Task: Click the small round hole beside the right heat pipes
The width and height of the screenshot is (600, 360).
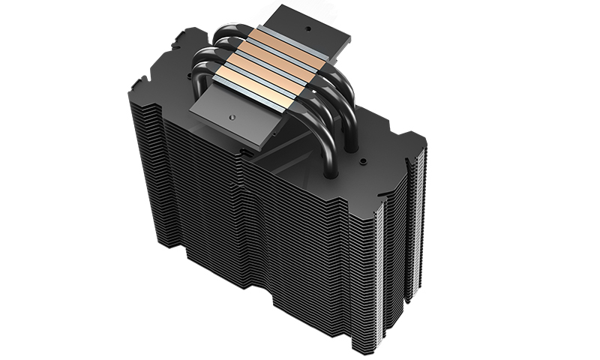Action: click(x=362, y=160)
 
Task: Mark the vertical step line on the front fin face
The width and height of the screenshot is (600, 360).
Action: click(x=242, y=225)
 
